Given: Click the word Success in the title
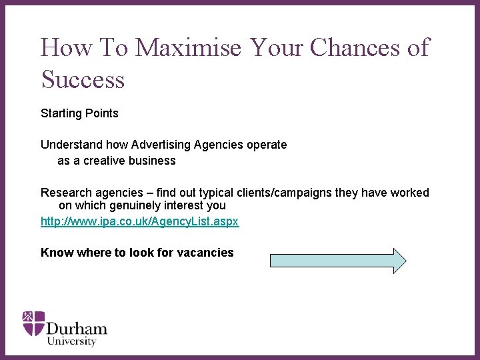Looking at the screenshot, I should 83,79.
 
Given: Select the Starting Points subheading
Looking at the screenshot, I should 79,113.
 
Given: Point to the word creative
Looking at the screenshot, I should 105,161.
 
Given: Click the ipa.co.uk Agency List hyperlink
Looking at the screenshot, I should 139,221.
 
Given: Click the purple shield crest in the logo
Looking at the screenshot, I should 33,323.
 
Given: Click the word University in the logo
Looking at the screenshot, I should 71,341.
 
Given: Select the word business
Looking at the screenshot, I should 153,161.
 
